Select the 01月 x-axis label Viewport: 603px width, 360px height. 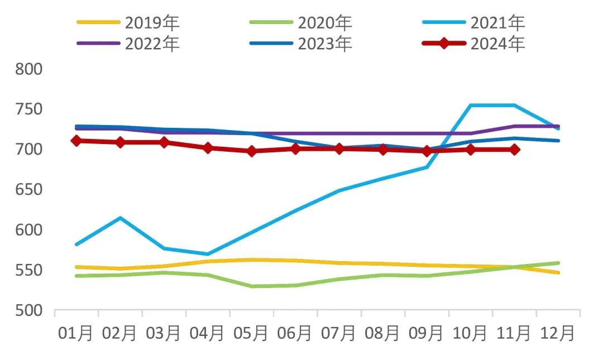coord(76,334)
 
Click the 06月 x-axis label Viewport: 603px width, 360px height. coord(295,334)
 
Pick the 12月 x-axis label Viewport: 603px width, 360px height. coord(557,334)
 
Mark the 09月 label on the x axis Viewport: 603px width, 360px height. coord(426,334)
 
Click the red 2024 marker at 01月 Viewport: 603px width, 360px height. coord(76,141)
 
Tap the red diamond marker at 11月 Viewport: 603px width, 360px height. coord(514,150)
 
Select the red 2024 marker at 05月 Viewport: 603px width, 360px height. coord(251,151)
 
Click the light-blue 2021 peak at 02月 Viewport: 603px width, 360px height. coord(120,218)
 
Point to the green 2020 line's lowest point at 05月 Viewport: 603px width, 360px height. coord(251,286)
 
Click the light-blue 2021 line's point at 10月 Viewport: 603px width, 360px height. coord(471,105)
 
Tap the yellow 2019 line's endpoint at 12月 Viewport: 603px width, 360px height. coord(558,272)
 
